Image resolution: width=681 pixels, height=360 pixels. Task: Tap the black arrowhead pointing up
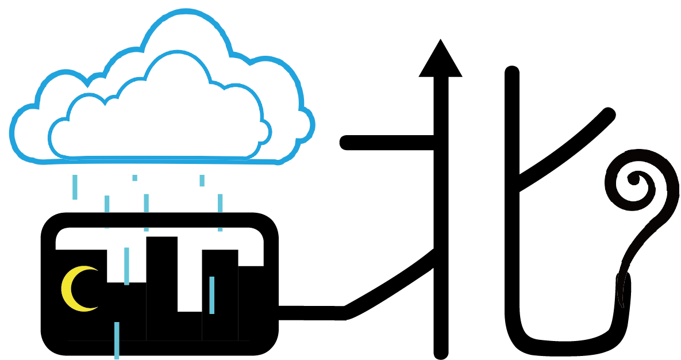click(x=440, y=60)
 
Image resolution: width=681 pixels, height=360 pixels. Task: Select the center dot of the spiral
click(x=634, y=179)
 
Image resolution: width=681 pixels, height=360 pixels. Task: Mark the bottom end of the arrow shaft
click(x=440, y=352)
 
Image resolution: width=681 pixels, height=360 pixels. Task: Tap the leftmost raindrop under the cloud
click(x=75, y=187)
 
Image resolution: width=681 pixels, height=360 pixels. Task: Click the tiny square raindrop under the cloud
click(x=134, y=178)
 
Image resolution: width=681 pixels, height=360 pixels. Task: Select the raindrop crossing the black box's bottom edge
click(x=117, y=340)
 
